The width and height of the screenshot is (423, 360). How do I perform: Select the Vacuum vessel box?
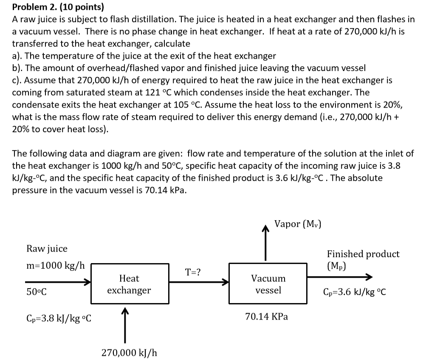point(268,284)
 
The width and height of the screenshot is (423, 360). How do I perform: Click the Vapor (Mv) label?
point(297,224)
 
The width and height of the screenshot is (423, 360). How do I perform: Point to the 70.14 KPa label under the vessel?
point(266,317)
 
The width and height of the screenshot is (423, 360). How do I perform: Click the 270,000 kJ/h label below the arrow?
point(129,352)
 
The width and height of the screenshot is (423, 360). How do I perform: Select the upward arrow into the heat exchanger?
point(125,325)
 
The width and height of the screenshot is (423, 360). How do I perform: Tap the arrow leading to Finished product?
point(340,278)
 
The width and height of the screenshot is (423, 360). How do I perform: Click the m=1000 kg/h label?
point(55,266)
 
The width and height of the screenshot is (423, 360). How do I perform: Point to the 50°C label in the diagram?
point(37,292)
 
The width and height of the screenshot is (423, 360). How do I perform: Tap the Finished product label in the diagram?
point(363,254)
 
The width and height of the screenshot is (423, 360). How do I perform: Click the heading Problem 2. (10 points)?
point(58,7)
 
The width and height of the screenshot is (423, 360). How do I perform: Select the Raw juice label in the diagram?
point(47,249)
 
